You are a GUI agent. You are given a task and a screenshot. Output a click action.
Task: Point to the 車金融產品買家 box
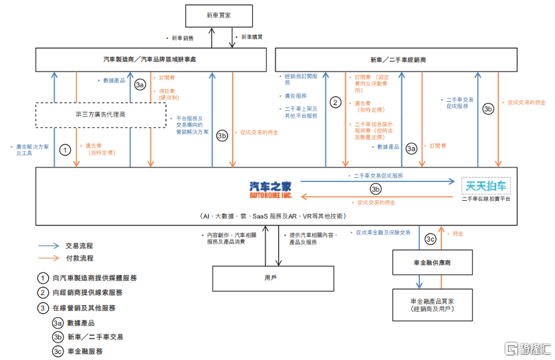pos(433,304)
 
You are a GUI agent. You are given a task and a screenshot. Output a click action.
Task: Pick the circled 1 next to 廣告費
pos(65,150)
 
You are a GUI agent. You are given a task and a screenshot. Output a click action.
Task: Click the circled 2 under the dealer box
pos(336,102)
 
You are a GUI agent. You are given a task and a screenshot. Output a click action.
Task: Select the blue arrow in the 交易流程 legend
pos(47,245)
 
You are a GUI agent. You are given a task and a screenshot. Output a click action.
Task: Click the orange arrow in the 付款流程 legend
pos(47,258)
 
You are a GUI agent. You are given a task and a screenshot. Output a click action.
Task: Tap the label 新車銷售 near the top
pos(183,37)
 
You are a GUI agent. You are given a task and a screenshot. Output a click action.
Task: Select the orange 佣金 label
pos(458,234)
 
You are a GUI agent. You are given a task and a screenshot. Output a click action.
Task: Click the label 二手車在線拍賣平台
pos(486,199)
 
